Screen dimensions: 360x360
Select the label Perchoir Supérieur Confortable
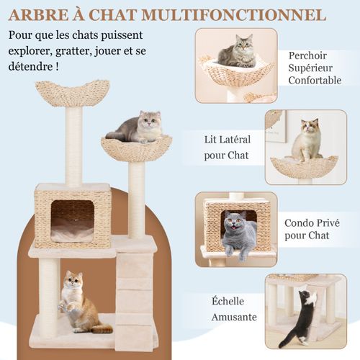click(315, 68)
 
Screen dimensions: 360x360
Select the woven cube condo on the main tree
click(73, 215)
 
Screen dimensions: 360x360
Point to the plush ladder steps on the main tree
click(135, 295)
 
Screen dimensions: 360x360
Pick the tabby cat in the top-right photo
click(238, 52)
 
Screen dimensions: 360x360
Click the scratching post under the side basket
click(137, 198)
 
